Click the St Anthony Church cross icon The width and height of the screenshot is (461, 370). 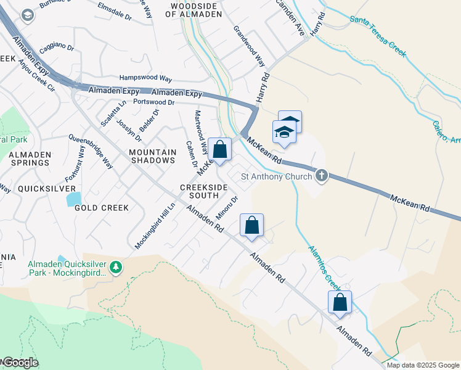pyautogui.click(x=320, y=177)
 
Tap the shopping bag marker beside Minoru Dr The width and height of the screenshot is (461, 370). pyautogui.click(x=251, y=225)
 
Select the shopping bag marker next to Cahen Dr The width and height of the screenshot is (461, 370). pyautogui.click(x=219, y=149)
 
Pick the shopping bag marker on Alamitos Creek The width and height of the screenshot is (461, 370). pyautogui.click(x=339, y=302)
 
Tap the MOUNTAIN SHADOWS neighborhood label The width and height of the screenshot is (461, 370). pyautogui.click(x=152, y=156)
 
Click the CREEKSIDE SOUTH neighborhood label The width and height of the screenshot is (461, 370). pyautogui.click(x=199, y=191)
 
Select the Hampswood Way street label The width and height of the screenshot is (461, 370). pyautogui.click(x=145, y=79)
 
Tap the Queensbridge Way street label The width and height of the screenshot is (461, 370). pyautogui.click(x=91, y=151)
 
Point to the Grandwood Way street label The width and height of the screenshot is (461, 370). pyautogui.click(x=249, y=46)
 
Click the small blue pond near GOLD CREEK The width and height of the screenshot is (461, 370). pyautogui.click(x=73, y=198)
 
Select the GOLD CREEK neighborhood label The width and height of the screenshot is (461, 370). pyautogui.click(x=102, y=208)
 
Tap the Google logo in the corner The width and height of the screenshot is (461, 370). pyautogui.click(x=20, y=363)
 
